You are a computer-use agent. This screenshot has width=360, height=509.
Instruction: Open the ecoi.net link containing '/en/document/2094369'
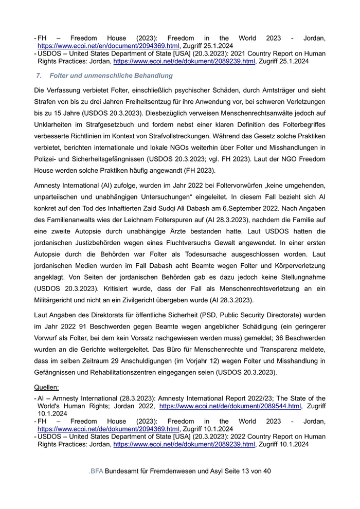tap(108, 46)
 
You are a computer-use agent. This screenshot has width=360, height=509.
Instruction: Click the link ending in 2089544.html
tap(230, 406)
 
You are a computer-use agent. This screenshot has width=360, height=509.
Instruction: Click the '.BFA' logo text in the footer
tap(95, 471)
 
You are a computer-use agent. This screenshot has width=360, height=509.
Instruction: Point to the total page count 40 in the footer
tap(266, 471)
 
